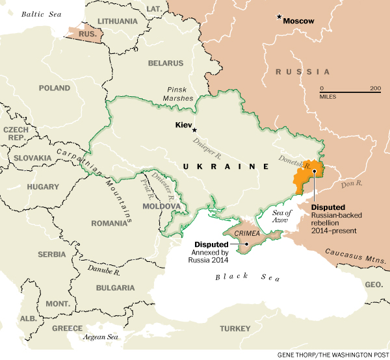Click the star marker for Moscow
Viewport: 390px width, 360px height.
coord(279,17)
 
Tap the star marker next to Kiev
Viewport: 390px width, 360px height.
coord(194,130)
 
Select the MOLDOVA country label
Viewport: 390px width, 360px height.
coord(161,206)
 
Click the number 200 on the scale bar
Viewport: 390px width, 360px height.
coord(375,88)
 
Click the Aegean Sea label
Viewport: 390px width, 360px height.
coord(101,337)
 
